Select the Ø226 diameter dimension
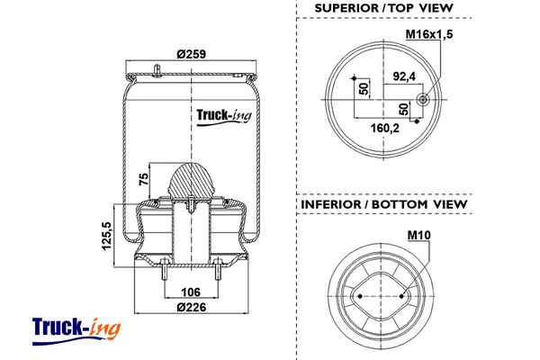191,307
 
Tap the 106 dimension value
190,292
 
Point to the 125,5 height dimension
107,236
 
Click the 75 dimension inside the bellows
144,178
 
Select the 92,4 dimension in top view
399,76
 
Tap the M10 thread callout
420,237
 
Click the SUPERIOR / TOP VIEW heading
383,9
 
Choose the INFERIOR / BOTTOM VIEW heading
383,204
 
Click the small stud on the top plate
157,69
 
